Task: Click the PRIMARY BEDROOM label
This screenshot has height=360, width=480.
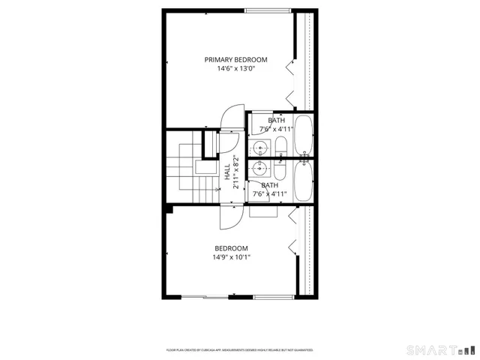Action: [235, 59]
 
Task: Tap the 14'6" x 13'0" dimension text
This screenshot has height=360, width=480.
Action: [235, 69]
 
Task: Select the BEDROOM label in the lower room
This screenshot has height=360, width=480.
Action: [231, 248]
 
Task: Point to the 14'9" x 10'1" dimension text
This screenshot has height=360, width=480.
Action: [231, 258]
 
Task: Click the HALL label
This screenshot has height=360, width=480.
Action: [227, 172]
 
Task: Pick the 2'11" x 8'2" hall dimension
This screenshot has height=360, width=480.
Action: [235, 172]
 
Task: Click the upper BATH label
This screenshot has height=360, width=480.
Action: [277, 120]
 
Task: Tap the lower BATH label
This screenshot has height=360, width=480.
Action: [270, 185]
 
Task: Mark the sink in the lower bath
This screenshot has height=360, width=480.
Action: [262, 167]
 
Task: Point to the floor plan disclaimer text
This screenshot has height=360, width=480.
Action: [239, 349]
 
